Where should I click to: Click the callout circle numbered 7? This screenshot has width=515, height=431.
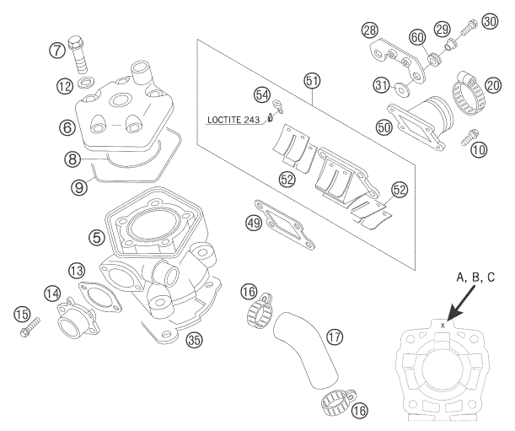point(57,49)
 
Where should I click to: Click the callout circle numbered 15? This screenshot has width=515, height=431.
point(22,315)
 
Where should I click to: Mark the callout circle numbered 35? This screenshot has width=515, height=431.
point(195,341)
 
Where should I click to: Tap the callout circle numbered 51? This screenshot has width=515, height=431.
point(313,81)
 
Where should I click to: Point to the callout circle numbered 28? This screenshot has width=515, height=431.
point(367,30)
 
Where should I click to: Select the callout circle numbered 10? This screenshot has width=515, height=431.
point(478,149)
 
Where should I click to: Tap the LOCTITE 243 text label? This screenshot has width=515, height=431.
point(233,121)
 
